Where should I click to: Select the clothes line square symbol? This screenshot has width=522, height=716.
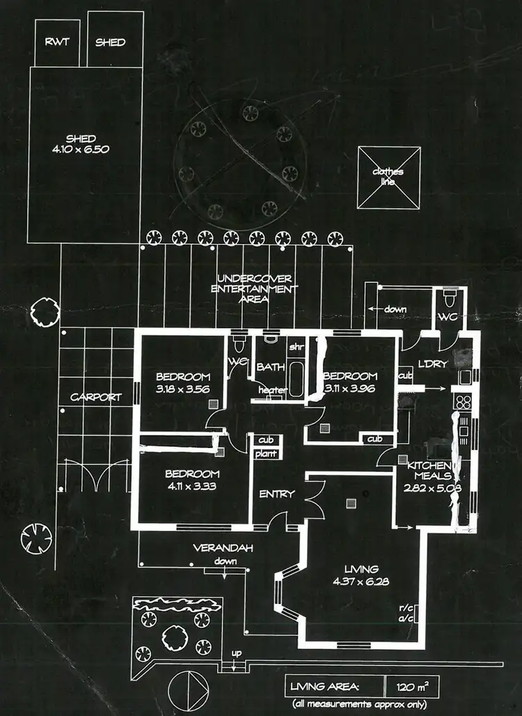click(389, 177)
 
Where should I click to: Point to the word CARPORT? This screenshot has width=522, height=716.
click(95, 398)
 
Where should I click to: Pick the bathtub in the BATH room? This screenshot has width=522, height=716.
click(296, 379)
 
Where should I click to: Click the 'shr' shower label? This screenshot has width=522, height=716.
click(296, 346)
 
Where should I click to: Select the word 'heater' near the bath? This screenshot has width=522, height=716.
click(271, 390)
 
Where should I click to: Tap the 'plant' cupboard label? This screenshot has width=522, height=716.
click(266, 454)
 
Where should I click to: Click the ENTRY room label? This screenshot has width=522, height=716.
click(276, 494)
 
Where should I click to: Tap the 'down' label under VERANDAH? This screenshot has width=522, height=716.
click(226, 561)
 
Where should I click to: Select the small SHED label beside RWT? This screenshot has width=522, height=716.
click(111, 42)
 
